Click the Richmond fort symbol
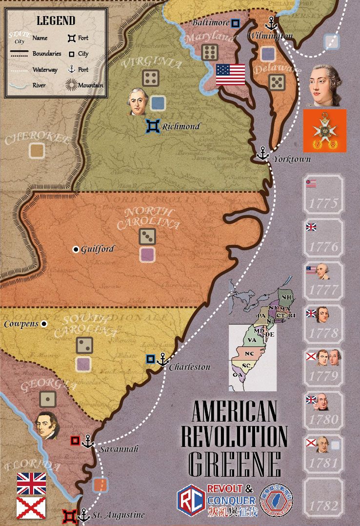tap(152, 126)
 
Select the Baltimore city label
tap(210, 22)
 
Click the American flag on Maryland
tap(230, 74)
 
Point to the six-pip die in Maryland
tap(210, 52)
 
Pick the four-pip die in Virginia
tap(150, 78)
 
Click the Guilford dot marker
tap(76, 249)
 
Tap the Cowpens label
tap(20, 324)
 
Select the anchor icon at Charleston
tap(163, 360)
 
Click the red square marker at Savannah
tap(75, 441)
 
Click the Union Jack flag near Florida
tap(31, 483)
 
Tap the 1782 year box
tap(323, 497)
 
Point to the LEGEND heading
tap(56, 20)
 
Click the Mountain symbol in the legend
tap(72, 85)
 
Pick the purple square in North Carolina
tap(147, 254)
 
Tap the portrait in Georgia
tap(47, 425)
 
